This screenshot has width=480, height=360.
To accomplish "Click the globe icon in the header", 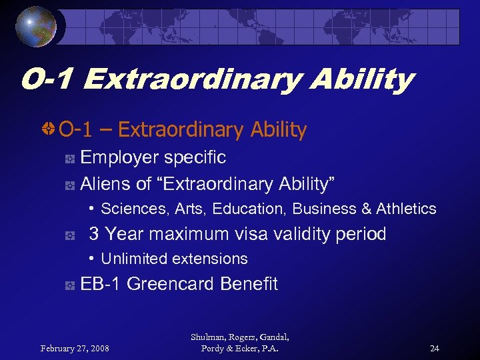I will click(37, 26).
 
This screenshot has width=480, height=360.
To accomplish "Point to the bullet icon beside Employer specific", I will click(69, 159).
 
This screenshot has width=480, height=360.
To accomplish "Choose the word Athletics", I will click(406, 209).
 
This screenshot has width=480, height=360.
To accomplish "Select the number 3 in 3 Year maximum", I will click(94, 234).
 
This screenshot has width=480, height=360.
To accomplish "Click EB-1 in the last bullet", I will click(101, 284).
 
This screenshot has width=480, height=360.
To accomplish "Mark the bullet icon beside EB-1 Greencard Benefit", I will click(69, 285).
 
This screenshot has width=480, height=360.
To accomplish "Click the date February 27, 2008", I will click(75, 348).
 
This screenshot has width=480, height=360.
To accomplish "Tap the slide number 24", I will click(434, 348).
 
